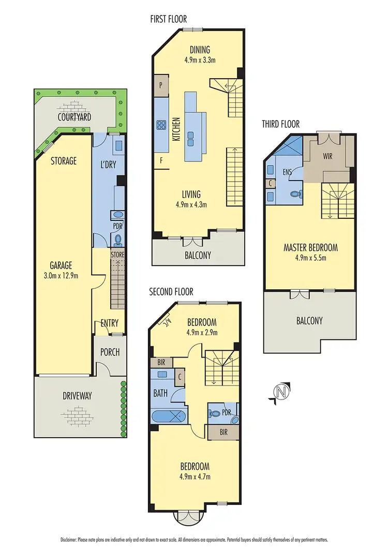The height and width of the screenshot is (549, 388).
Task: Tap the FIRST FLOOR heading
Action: [x=167, y=20]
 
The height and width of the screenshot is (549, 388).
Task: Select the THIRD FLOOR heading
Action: [x=280, y=124]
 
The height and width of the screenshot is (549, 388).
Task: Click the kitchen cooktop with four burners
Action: [x=161, y=124]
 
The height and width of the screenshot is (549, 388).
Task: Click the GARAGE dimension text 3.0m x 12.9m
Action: [x=61, y=275]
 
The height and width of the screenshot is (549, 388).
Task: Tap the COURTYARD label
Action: [x=74, y=117]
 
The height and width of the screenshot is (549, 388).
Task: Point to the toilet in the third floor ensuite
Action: [x=295, y=195]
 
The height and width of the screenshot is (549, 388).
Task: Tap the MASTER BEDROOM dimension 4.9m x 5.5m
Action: [x=310, y=257]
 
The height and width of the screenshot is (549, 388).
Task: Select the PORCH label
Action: [x=110, y=352]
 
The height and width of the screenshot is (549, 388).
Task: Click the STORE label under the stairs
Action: [x=117, y=255]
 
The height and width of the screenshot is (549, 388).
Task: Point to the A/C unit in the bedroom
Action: [x=166, y=324]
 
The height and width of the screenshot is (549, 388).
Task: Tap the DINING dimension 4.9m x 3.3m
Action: [x=199, y=60]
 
